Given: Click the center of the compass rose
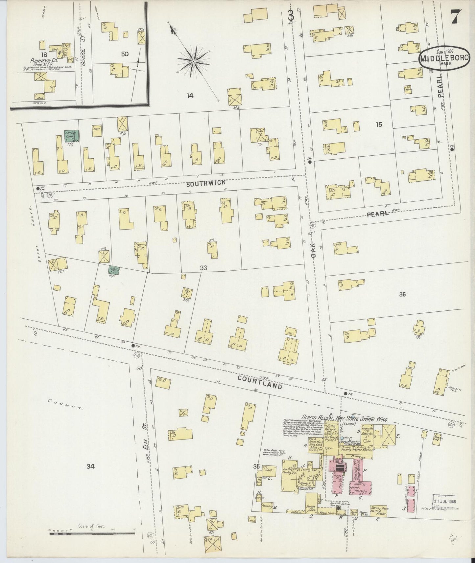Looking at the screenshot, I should tap(194, 61).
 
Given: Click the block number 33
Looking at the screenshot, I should tap(203, 268).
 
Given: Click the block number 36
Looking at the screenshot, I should tap(402, 294).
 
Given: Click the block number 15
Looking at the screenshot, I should tap(379, 124).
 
